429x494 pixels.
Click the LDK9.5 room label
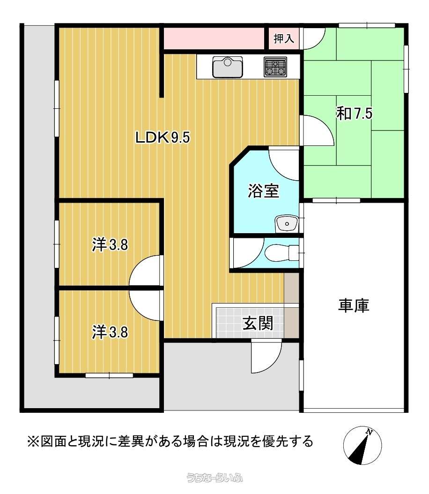pyautogui.click(x=163, y=137)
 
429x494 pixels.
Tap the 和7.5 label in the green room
pyautogui.click(x=355, y=114)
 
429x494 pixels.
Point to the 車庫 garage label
pyautogui.click(x=354, y=305)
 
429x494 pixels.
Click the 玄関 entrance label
pyautogui.click(x=258, y=323)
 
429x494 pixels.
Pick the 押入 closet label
pyautogui.click(x=284, y=38)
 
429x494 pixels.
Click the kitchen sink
pyautogui.click(x=228, y=67)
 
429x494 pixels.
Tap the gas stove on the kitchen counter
pyautogui.click(x=275, y=67)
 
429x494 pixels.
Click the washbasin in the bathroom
pyautogui.click(x=287, y=224)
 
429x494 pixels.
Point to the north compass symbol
pyautogui.click(x=362, y=445)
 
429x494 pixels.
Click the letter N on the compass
pyautogui.click(x=370, y=432)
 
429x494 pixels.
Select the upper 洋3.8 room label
pyautogui.click(x=110, y=244)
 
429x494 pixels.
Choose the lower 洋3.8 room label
pyautogui.click(x=110, y=332)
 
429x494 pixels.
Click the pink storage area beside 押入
pyautogui.click(x=214, y=38)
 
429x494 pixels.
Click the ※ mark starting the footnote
pyautogui.click(x=33, y=441)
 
